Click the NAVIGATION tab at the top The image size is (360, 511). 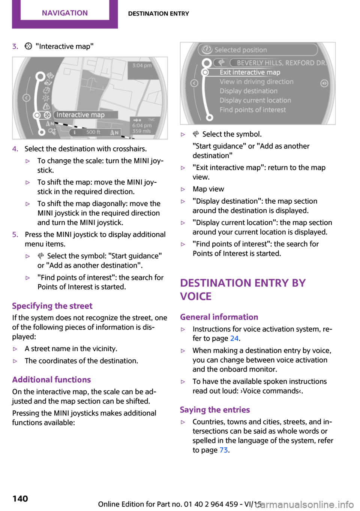coord(65,13)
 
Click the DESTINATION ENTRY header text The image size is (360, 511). coord(158,14)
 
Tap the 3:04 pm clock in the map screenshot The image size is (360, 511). coord(142,66)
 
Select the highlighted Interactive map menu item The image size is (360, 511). coord(81,115)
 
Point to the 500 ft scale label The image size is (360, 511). coord(93,132)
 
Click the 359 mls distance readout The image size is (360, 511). coord(141,131)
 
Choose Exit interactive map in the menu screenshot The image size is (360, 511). coord(250,72)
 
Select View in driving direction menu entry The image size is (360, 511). coord(256,82)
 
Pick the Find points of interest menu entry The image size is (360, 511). coord(253,110)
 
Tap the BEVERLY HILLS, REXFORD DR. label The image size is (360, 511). coord(281,63)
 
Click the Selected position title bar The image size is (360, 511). coord(241,50)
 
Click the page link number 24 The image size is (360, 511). coord(234,338)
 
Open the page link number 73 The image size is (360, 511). coord(223,450)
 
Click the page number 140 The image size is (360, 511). coord(20,499)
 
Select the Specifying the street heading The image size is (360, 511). coord(52,306)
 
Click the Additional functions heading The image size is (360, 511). coord(51,380)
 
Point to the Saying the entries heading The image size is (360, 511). coord(215,410)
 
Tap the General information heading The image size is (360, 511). coord(219,317)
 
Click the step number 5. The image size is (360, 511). coord(15,234)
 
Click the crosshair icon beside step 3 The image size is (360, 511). coord(28,46)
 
